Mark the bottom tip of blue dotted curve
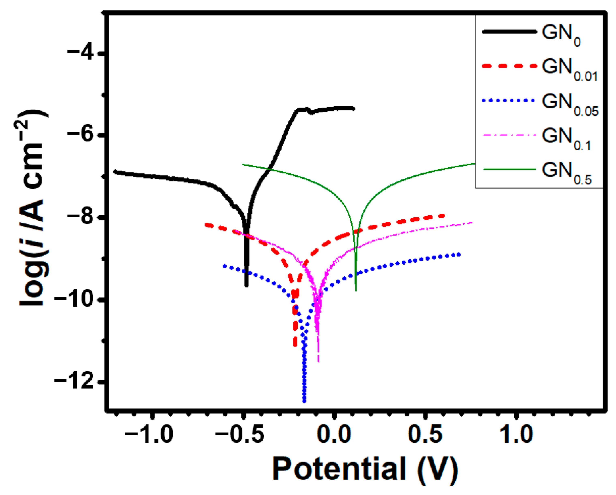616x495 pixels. pos(304,401)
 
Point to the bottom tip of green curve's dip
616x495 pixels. pos(356,290)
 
